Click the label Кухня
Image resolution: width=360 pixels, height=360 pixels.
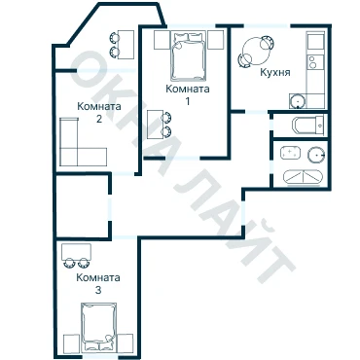[x=275, y=72]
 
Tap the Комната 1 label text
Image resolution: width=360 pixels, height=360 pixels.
[x=188, y=94]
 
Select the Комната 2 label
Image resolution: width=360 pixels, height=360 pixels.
[x=99, y=112]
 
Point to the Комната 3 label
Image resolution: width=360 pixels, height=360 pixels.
[x=98, y=283]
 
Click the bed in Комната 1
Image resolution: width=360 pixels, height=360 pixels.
[x=189, y=55]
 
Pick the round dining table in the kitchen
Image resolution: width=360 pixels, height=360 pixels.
[x=256, y=52]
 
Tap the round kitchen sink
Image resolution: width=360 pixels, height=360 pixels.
[x=298, y=101]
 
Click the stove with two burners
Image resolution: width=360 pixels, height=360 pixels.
[x=315, y=62]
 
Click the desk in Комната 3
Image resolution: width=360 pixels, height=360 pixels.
[x=76, y=252]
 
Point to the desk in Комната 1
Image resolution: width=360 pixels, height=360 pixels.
[x=156, y=125]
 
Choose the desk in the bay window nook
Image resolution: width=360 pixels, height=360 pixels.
[x=126, y=45]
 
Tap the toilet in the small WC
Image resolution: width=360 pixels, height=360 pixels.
[x=308, y=125]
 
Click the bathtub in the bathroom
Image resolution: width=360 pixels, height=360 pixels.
[x=304, y=177]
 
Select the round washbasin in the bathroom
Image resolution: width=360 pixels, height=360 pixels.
[x=316, y=155]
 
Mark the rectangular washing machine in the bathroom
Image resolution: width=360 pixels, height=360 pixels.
[x=291, y=153]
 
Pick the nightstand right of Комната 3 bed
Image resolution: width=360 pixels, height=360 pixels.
[x=126, y=342]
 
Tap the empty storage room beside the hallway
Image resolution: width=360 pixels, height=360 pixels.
[x=82, y=206]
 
